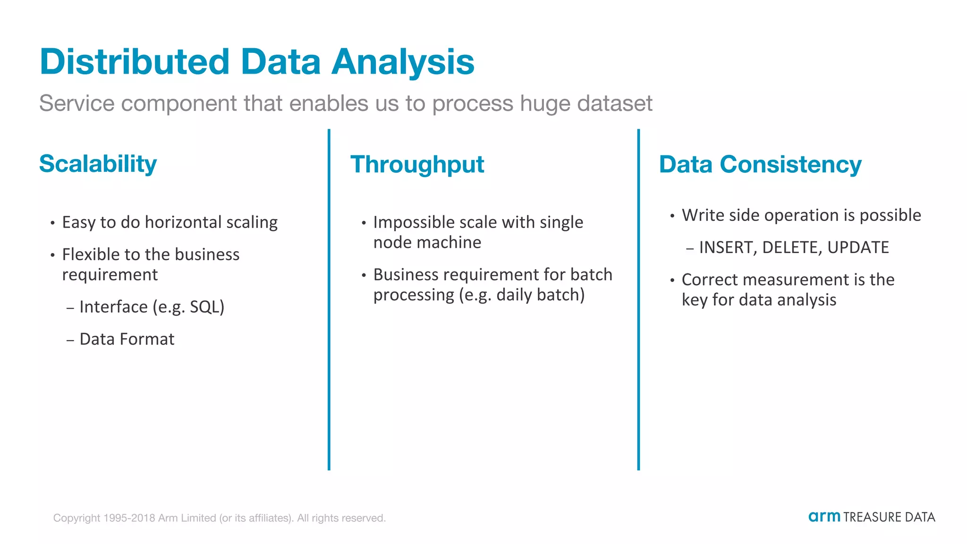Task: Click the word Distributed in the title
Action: [x=135, y=62]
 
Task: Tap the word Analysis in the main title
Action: [x=402, y=62]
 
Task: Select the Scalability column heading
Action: [x=98, y=164]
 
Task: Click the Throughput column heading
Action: [x=417, y=165]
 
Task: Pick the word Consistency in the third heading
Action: [x=790, y=165]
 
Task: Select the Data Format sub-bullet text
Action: [x=127, y=339]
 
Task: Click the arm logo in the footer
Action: [x=824, y=517]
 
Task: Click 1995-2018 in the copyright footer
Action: [x=129, y=518]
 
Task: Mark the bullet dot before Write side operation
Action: [x=672, y=216]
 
